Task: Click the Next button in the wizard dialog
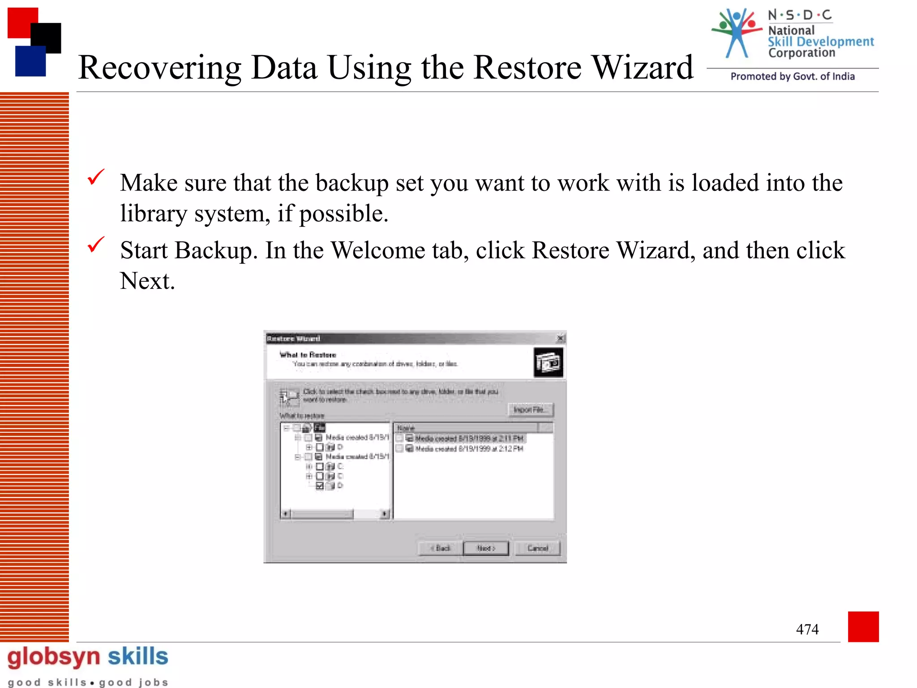tap(486, 548)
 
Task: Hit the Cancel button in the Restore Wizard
tap(537, 548)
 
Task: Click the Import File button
tap(531, 410)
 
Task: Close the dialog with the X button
tap(561, 339)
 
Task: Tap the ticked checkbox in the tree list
tap(320, 486)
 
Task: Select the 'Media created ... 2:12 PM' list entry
tap(469, 449)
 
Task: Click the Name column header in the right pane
tap(466, 428)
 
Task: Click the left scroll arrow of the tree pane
tap(286, 514)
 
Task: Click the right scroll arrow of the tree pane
tap(385, 514)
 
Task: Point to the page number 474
tap(807, 629)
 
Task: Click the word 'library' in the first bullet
tap(153, 214)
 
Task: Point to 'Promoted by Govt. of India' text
tap(793, 77)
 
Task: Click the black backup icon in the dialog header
tap(548, 362)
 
